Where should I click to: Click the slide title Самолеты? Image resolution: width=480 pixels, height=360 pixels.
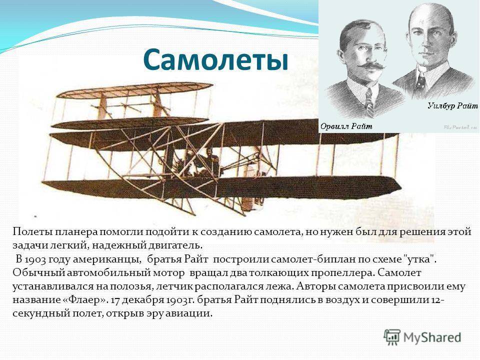(x=215, y=59)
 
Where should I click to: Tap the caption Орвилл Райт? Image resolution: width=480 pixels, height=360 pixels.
(x=346, y=126)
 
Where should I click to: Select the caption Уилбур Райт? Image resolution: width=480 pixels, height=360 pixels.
(x=452, y=106)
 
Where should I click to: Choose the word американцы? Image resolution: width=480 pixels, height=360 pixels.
(x=107, y=259)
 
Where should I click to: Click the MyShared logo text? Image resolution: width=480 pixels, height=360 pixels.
(x=432, y=337)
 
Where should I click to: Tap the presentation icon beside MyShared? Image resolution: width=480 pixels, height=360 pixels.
(x=392, y=337)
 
